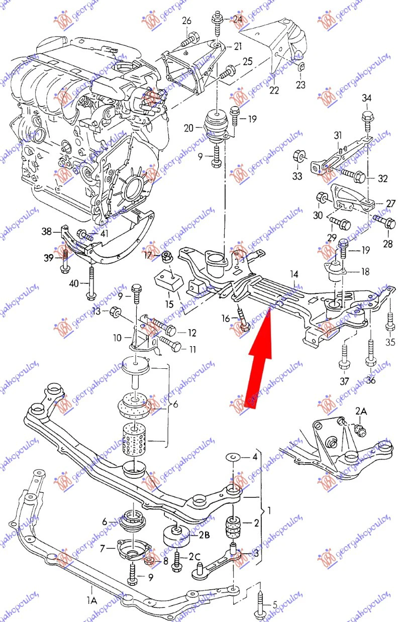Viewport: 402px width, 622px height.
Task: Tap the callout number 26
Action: point(186,21)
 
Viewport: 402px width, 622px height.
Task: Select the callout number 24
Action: point(237,20)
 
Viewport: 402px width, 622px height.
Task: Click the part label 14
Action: point(294,274)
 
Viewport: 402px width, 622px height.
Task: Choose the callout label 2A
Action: point(361,411)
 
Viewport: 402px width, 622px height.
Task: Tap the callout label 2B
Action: point(204,536)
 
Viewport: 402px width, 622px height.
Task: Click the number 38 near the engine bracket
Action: point(47,232)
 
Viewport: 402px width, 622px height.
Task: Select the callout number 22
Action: point(274,90)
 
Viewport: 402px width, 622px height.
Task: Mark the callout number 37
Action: point(344,381)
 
